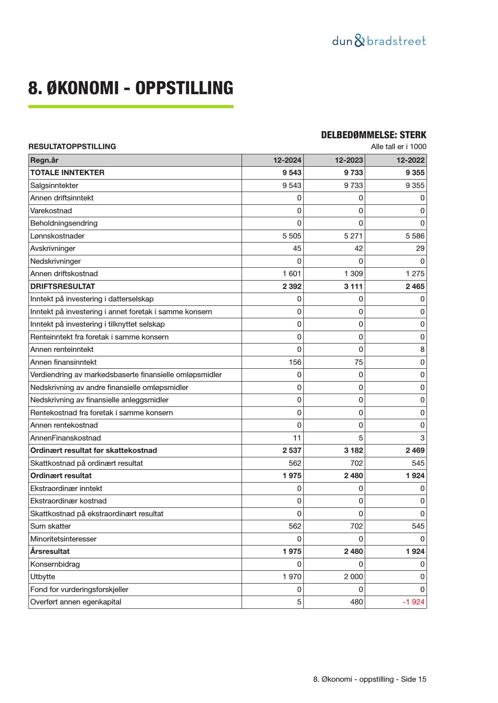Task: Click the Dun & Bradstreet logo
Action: [x=379, y=41]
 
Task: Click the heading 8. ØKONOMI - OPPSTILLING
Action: [x=130, y=88]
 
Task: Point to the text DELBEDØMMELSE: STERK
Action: [x=373, y=135]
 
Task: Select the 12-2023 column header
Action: [x=349, y=160]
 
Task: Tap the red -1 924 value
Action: [x=413, y=602]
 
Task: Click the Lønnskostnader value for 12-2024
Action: [x=292, y=236]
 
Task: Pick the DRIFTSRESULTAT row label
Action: [x=63, y=287]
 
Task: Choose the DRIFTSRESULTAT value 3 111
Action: [x=353, y=287]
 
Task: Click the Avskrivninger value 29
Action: [x=420, y=248]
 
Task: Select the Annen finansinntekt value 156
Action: [x=295, y=362]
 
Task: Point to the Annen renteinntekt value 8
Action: [x=422, y=349]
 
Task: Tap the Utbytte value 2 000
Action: [x=353, y=577]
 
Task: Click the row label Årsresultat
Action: [x=50, y=551]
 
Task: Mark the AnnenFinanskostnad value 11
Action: [x=297, y=438]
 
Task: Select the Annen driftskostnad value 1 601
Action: [x=292, y=274]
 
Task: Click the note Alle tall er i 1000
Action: [x=398, y=147]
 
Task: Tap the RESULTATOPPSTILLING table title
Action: [x=72, y=147]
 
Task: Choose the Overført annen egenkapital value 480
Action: [x=356, y=602]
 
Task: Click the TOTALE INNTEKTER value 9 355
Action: [x=415, y=173]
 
